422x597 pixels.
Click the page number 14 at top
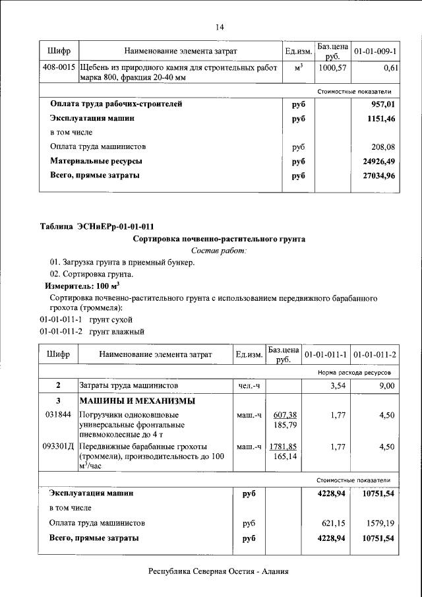[220, 27]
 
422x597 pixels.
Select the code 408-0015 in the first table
[58, 68]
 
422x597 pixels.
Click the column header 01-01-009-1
[375, 51]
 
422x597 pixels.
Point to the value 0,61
[391, 68]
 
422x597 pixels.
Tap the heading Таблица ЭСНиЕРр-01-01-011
[97, 226]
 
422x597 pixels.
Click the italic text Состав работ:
[219, 251]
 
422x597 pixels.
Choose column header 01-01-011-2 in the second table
[375, 354]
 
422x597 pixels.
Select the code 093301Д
[58, 447]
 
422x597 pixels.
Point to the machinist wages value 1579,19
[380, 523]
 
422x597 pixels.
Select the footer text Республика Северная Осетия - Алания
[219, 573]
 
